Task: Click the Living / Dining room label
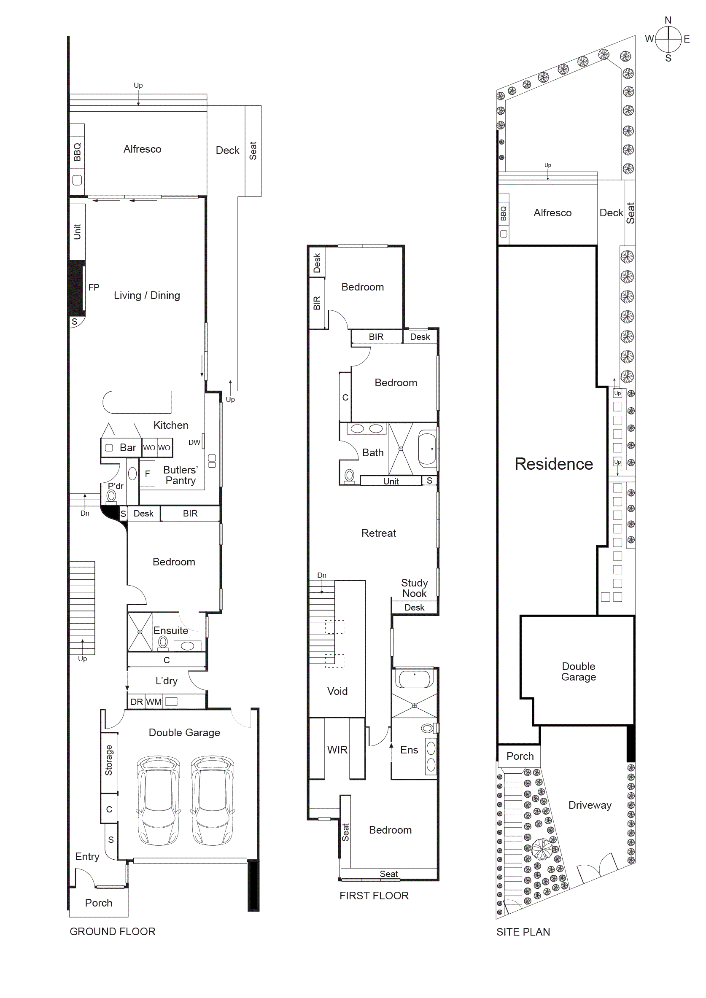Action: tap(146, 296)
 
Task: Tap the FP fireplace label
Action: tap(94, 287)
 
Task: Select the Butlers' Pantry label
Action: tap(181, 475)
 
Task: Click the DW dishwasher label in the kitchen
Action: tap(194, 442)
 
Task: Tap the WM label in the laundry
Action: tap(154, 702)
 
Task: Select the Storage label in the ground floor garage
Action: tap(109, 760)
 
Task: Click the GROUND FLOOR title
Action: tap(112, 931)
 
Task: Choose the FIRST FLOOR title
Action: tap(374, 896)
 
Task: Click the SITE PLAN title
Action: tap(523, 932)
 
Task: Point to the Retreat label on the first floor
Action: tap(378, 533)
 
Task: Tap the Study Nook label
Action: tap(414, 588)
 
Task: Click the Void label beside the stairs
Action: tap(337, 691)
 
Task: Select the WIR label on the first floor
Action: tap(337, 750)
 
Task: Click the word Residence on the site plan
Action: tap(553, 464)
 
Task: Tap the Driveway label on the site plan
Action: tap(590, 805)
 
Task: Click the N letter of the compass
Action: tap(668, 20)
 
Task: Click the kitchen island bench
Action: tap(137, 402)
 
